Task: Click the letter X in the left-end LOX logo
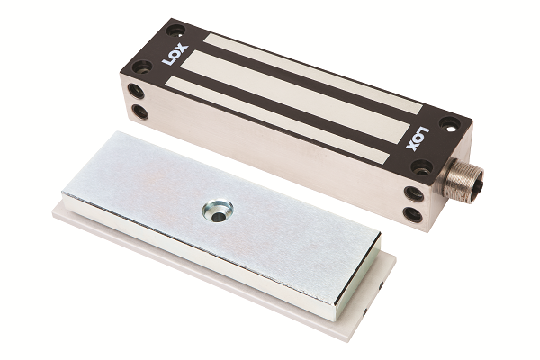pyautogui.click(x=182, y=49)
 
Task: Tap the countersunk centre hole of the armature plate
pyautogui.click(x=218, y=212)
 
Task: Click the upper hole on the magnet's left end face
pyautogui.click(x=135, y=91)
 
